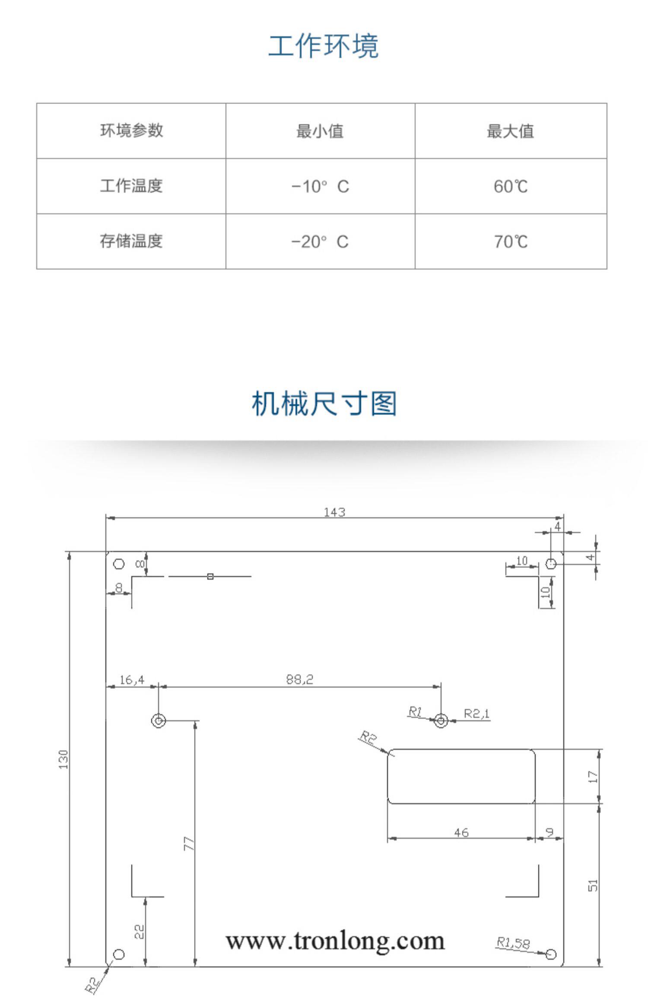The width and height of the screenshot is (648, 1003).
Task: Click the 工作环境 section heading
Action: (x=324, y=46)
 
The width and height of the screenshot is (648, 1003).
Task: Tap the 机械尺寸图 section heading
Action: (x=324, y=403)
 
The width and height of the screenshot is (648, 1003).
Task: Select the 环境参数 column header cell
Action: (x=131, y=130)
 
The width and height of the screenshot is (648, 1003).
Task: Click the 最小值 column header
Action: (x=320, y=131)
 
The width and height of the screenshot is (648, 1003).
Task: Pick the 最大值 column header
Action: (x=511, y=131)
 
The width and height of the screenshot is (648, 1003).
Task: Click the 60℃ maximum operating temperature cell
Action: (x=511, y=186)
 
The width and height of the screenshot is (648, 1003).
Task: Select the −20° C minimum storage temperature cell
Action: (x=320, y=241)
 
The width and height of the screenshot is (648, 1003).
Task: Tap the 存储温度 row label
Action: (x=131, y=241)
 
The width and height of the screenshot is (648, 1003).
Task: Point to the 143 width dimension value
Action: (x=335, y=512)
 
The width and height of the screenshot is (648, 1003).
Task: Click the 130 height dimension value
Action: (x=64, y=759)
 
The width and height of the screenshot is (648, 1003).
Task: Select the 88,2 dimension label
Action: (x=299, y=679)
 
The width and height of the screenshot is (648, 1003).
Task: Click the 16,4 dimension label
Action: (x=132, y=680)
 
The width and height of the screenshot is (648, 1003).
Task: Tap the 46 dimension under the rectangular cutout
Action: (x=461, y=832)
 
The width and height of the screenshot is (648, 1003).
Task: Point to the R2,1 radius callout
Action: (x=476, y=714)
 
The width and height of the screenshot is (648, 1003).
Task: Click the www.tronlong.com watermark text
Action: (x=335, y=941)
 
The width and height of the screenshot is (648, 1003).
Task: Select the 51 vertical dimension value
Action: (x=593, y=886)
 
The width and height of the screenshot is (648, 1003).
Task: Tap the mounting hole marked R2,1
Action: (x=441, y=721)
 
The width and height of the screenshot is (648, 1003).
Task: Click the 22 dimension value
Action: (x=139, y=931)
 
